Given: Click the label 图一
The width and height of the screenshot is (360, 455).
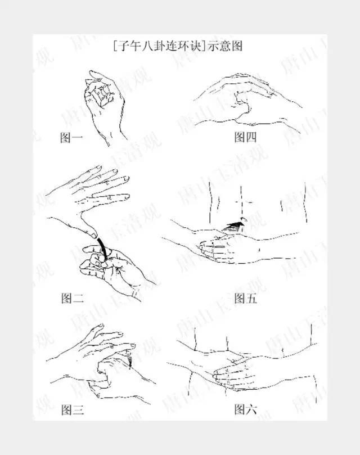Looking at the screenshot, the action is [71, 137].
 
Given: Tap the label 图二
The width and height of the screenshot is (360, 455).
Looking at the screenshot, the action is [73, 298].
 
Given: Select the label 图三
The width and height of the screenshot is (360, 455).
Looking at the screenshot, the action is [73, 410].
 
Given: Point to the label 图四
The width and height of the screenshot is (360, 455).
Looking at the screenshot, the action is [245, 137].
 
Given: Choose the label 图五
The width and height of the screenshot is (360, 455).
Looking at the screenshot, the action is [246, 298].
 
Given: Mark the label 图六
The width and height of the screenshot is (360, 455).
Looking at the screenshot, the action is [246, 409].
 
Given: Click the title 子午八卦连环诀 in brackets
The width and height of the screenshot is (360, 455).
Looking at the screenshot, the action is [159, 46].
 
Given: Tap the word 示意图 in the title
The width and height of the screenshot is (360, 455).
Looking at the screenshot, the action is [224, 46].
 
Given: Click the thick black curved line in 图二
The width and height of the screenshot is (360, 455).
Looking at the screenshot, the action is [102, 247].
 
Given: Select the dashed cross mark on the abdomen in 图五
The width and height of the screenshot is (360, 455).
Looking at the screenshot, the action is [241, 202].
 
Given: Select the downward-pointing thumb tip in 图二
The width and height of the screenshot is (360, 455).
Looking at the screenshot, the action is [93, 235].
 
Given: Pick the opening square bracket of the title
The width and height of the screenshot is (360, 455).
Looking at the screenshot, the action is [115, 46].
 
